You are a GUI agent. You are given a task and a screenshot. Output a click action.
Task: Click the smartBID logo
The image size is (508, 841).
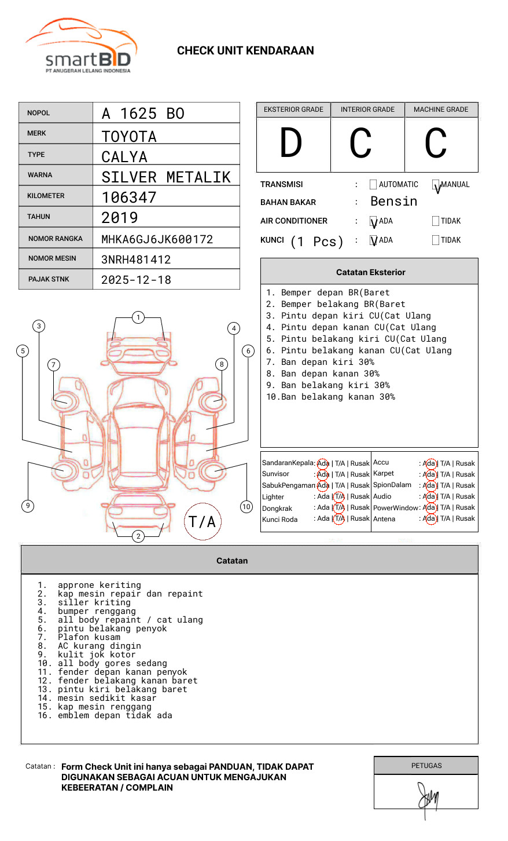point(82,46)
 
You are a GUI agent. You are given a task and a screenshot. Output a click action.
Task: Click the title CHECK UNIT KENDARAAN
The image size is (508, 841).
point(245,51)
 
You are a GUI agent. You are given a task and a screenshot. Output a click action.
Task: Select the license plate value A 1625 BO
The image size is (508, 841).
point(143,114)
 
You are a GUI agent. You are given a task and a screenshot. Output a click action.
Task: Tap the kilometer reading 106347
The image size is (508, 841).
point(129,198)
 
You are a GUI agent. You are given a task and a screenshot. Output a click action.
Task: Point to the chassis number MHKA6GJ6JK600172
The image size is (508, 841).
point(157,239)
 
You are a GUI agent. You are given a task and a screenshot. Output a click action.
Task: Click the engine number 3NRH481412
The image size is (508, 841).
point(136,259)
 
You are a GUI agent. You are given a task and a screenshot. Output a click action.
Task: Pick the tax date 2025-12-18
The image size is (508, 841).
point(136,280)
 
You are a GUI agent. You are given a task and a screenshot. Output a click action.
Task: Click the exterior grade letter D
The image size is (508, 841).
point(291,144)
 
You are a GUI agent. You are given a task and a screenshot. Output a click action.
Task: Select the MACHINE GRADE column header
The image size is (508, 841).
point(441,109)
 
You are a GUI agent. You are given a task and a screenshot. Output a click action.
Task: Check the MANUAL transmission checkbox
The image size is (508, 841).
point(436,185)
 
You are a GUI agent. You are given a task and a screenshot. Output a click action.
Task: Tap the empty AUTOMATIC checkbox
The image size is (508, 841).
point(373,185)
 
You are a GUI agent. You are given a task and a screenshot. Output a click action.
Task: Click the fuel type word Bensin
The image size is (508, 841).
point(393,202)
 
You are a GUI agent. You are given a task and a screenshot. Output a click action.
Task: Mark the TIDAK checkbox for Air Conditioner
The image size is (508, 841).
point(436,221)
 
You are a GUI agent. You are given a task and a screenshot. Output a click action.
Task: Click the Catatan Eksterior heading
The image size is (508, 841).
point(370,272)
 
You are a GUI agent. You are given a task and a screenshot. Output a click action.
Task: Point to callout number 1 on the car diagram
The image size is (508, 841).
point(138,317)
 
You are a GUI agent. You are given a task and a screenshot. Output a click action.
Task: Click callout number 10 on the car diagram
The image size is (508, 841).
point(246,507)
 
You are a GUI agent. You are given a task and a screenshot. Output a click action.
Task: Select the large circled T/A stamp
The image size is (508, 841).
point(203,521)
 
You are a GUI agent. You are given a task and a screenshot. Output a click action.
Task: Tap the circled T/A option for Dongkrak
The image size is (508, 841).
point(339,508)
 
